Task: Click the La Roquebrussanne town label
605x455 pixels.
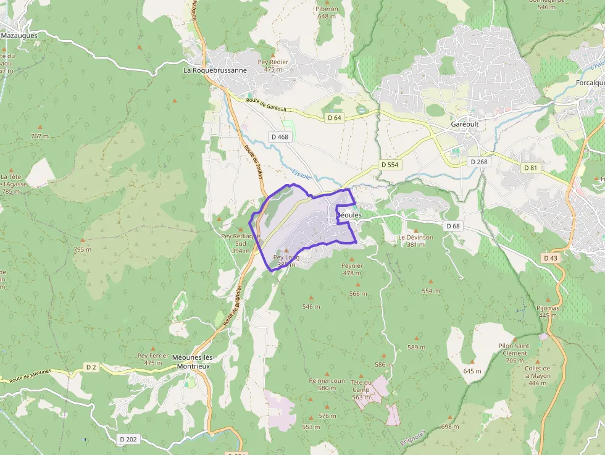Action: click(215, 70)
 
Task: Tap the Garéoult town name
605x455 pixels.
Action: click(464, 124)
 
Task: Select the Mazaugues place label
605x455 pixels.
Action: click(19, 36)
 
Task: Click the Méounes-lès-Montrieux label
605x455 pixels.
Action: click(191, 362)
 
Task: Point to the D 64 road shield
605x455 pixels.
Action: click(334, 117)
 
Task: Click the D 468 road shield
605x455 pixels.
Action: click(279, 136)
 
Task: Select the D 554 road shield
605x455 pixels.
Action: click(390, 165)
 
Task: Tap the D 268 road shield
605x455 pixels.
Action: click(478, 162)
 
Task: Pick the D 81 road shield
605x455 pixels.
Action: click(530, 168)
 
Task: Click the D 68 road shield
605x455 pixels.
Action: click(453, 226)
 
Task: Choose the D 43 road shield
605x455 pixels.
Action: click(551, 257)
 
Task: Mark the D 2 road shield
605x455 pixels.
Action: click(91, 367)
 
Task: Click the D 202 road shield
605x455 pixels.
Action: click(128, 439)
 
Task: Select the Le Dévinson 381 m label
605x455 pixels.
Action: click(415, 241)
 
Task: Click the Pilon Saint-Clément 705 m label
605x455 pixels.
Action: click(514, 353)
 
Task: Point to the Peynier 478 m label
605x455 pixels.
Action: click(352, 269)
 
